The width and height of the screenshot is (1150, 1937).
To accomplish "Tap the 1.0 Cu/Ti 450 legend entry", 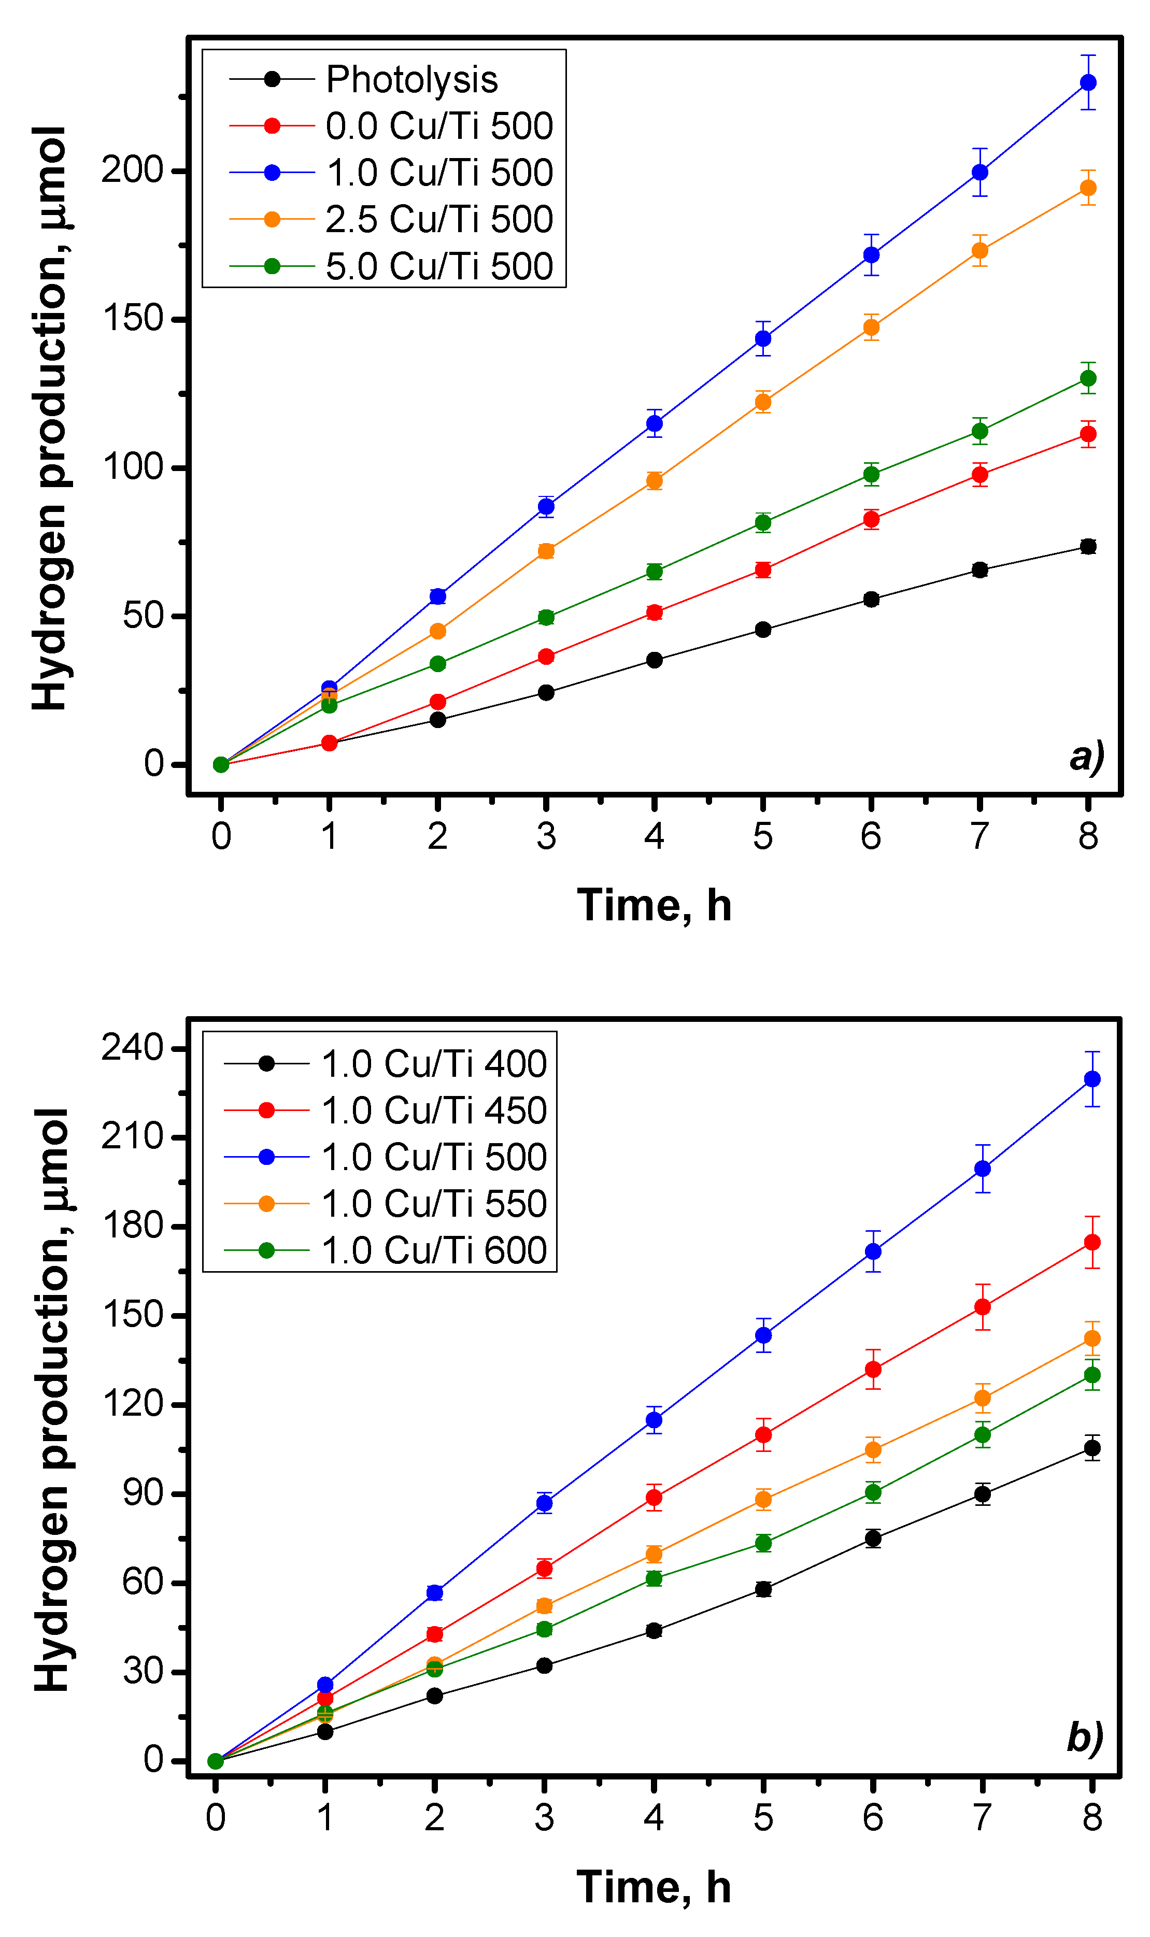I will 433,1111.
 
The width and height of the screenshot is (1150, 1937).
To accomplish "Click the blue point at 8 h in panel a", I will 1088,83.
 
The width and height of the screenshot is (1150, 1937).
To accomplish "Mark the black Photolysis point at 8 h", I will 1088,547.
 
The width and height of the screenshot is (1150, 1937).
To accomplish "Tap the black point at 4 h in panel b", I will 654,1631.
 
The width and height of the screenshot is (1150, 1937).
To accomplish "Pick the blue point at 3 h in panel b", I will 545,1503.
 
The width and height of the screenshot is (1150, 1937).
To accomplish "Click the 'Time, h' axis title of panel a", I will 654,906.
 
